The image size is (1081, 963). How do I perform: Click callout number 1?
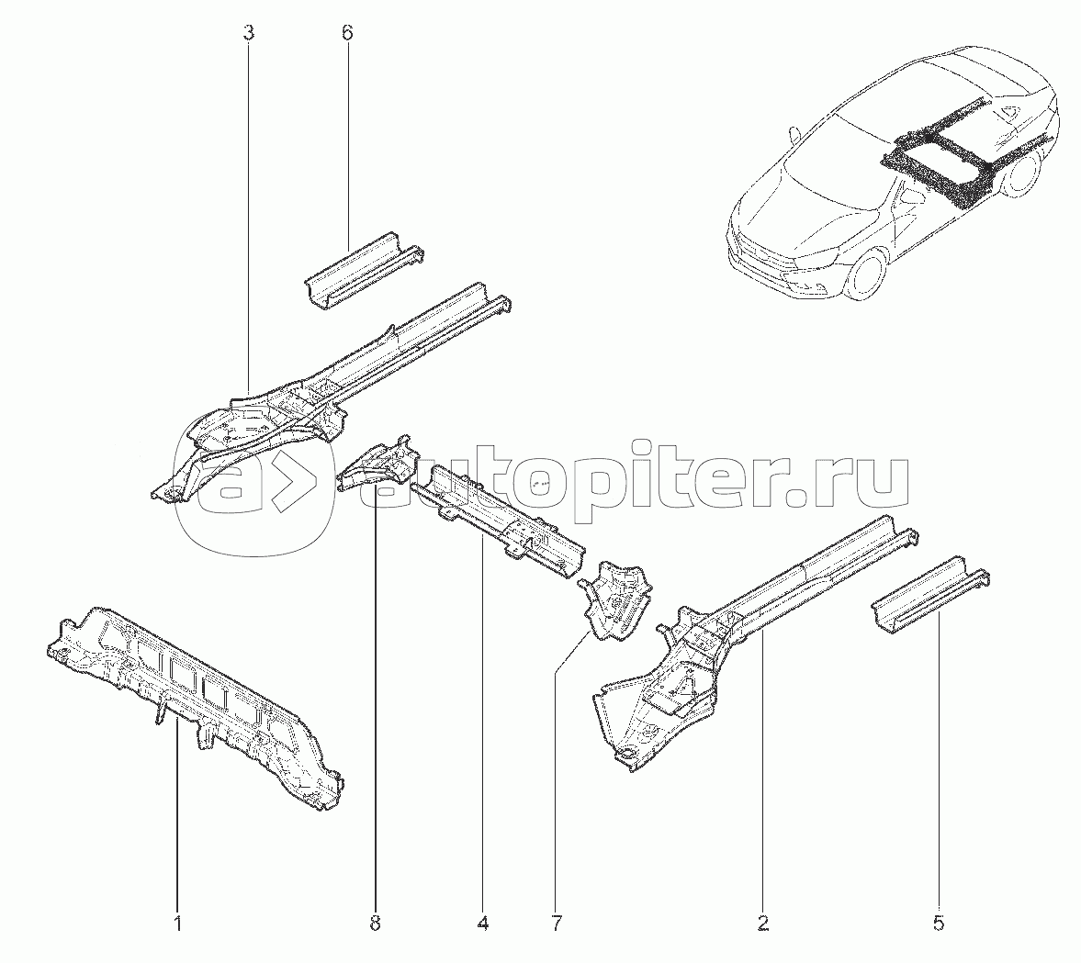tap(177, 923)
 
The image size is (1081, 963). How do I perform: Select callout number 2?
tap(762, 923)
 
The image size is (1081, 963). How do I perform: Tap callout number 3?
tap(249, 32)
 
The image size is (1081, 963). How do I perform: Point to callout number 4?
tap(482, 923)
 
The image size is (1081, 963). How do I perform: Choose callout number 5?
tap(939, 923)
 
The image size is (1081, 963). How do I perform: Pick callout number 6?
tap(347, 32)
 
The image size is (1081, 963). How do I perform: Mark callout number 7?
tap(556, 923)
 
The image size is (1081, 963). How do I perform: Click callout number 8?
tap(375, 923)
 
